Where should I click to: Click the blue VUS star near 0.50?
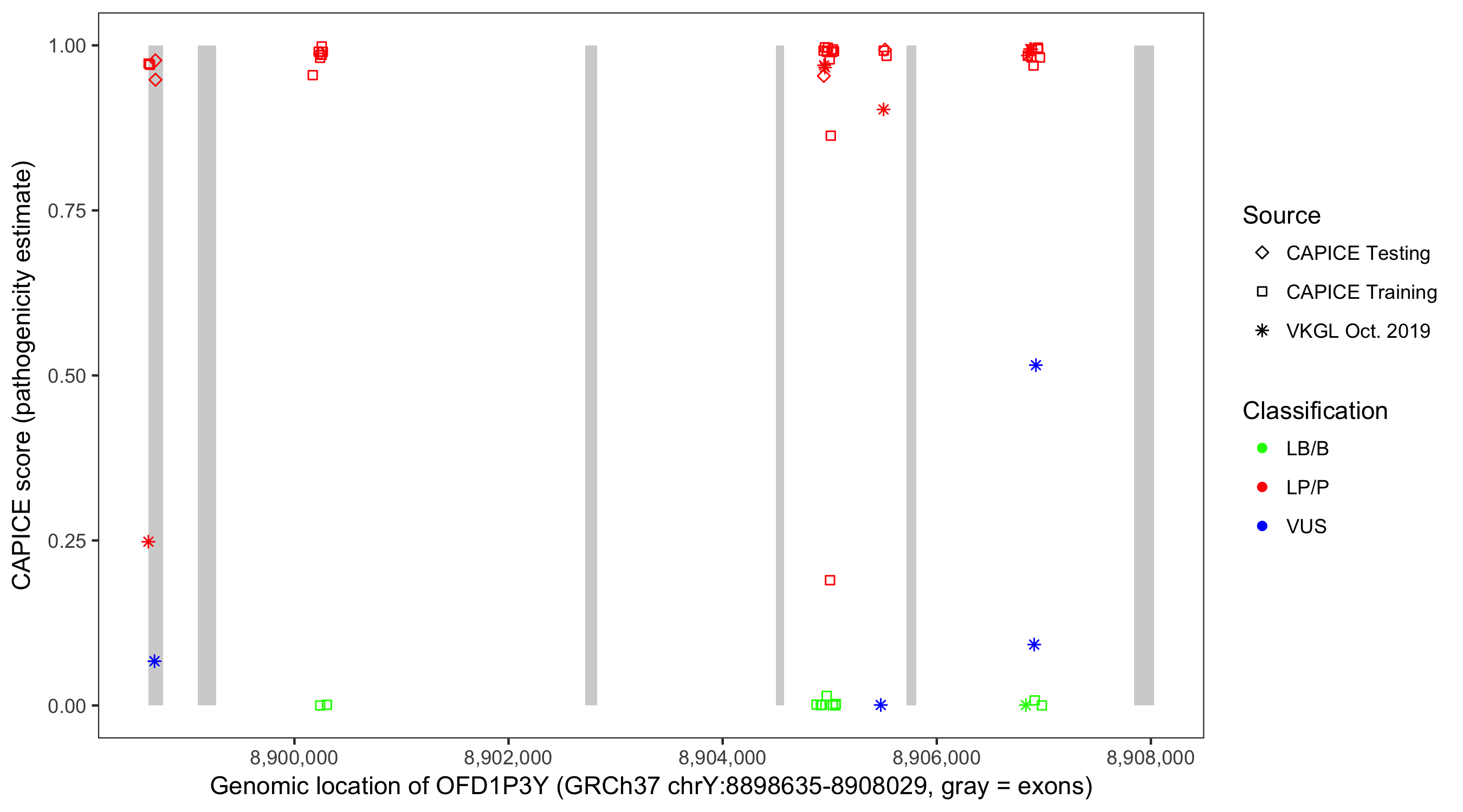pos(1035,365)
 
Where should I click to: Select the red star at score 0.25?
pos(148,542)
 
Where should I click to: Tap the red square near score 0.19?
pos(830,580)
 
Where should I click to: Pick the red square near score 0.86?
pos(830,136)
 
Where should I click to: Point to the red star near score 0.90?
pos(883,109)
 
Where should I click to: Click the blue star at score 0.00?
pos(881,705)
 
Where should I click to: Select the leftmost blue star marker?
pos(154,661)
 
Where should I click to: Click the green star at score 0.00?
pos(1025,705)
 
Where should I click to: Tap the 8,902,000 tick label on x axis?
pos(508,757)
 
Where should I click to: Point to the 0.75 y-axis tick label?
pos(67,211)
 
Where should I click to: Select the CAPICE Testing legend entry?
pos(1357,253)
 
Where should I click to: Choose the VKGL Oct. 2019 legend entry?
pos(1357,331)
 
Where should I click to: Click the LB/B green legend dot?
pos(1262,448)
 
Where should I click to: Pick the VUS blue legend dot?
pos(1262,526)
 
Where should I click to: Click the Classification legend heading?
pos(1315,411)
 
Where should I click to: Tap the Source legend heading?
pos(1281,215)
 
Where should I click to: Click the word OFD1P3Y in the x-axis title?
pos(492,787)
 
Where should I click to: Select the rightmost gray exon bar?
pos(1144,375)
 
